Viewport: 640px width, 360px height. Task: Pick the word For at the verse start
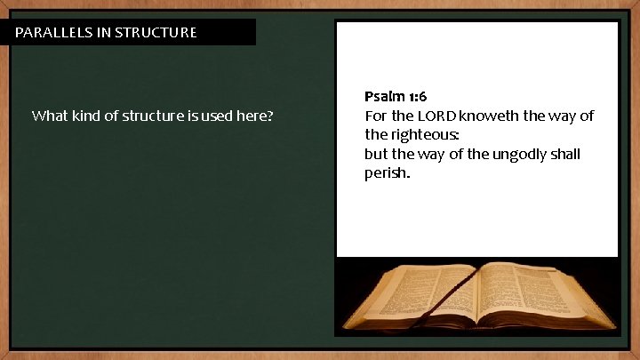(x=376, y=116)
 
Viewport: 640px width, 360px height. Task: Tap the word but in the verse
(x=377, y=155)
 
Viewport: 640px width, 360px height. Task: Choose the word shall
(x=564, y=155)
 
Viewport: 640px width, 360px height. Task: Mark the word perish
(x=387, y=173)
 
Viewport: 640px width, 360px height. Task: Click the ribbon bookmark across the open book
(x=444, y=298)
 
